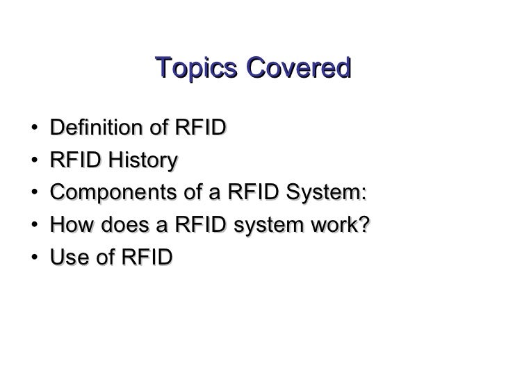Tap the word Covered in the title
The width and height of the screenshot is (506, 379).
(297, 69)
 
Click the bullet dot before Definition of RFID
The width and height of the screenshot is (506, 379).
(34, 130)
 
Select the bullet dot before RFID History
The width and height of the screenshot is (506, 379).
(34, 162)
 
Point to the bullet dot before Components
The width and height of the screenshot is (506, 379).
(34, 194)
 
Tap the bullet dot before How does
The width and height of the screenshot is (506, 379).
(34, 226)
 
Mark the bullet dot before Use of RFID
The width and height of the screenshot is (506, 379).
(34, 258)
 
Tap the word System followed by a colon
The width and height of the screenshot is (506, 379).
(331, 193)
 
